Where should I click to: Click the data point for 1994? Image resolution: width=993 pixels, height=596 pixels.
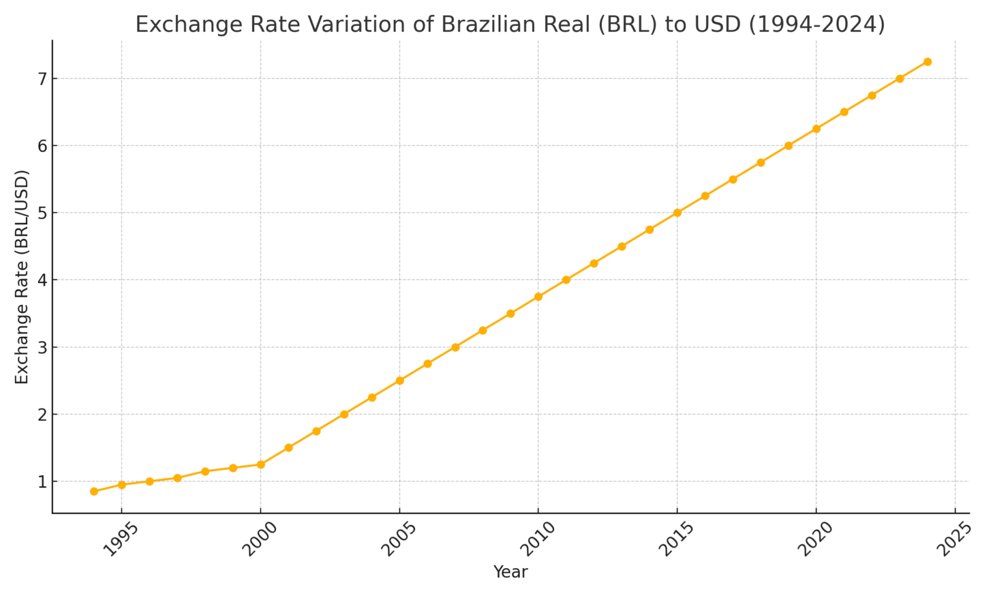tap(94, 491)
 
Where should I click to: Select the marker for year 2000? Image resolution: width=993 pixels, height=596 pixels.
tap(261, 464)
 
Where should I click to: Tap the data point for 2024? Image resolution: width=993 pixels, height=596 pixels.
tap(927, 62)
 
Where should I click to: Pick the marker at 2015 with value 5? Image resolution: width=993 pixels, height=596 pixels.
tap(678, 213)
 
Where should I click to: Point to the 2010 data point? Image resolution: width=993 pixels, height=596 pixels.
tap(539, 297)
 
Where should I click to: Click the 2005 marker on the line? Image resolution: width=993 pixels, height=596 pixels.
tap(400, 381)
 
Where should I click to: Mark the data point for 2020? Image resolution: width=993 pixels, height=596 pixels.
tap(816, 129)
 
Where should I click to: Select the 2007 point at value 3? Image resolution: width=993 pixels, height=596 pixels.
tap(455, 347)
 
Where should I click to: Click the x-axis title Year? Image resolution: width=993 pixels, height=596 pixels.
tap(510, 572)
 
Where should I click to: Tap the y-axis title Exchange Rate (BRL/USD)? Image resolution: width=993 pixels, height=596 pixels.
tap(22, 277)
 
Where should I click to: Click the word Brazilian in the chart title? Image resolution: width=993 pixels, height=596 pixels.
tap(489, 25)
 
